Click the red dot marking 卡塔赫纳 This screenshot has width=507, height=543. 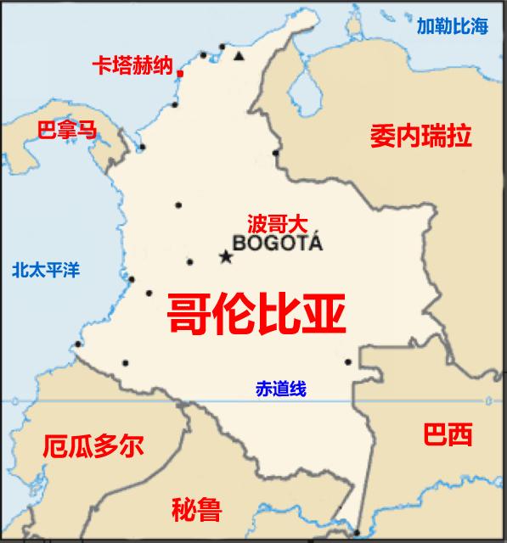pos(180,74)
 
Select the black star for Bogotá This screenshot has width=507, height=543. pos(226,256)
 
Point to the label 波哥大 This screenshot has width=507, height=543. pos(275,224)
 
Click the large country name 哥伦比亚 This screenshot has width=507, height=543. pos(256,315)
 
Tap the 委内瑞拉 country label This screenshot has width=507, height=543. pos(420,136)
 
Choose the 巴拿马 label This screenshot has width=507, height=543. pos(67,130)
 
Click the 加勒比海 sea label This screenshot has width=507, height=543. pos(453,26)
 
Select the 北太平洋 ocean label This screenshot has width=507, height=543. pos(46,271)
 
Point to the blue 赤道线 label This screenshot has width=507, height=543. pos(280,389)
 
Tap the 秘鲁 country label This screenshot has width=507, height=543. pos(196,510)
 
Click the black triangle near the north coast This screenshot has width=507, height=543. pos(239,56)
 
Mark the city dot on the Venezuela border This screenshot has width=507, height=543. pos(276,153)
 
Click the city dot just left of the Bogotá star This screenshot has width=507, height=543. pos(189,261)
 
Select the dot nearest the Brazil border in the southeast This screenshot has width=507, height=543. pos(348,362)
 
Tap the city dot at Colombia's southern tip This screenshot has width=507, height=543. pos(357,533)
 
